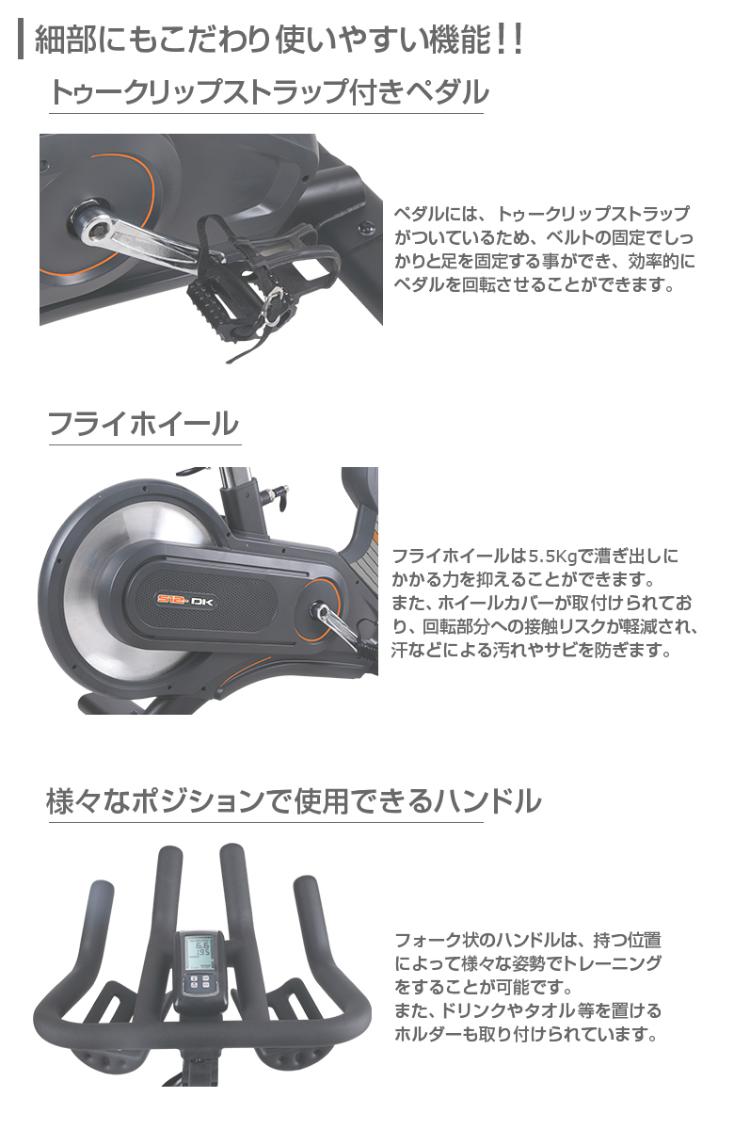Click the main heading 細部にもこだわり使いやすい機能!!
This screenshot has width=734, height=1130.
point(279,40)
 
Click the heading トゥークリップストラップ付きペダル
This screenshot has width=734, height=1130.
point(269,93)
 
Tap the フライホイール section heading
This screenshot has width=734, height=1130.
point(143,423)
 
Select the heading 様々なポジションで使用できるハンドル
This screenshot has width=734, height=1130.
point(294,801)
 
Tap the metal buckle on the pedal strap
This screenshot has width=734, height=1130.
point(274,307)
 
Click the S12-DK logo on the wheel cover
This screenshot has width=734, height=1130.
point(185,601)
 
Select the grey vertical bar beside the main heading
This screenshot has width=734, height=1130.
point(21,39)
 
